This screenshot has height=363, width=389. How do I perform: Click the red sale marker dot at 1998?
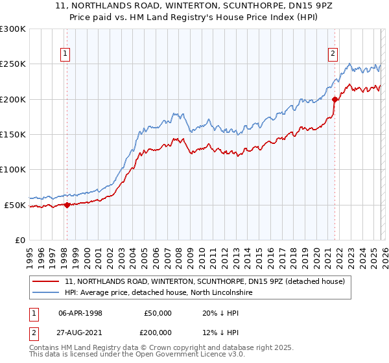pyautogui.click(x=67, y=205)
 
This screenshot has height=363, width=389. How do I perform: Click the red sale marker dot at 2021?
pyautogui.click(x=335, y=100)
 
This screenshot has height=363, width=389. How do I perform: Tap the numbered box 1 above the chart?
pyautogui.click(x=66, y=54)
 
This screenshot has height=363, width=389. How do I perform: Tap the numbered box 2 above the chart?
pyautogui.click(x=333, y=54)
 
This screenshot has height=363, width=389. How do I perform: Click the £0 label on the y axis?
pyautogui.click(x=19, y=240)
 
